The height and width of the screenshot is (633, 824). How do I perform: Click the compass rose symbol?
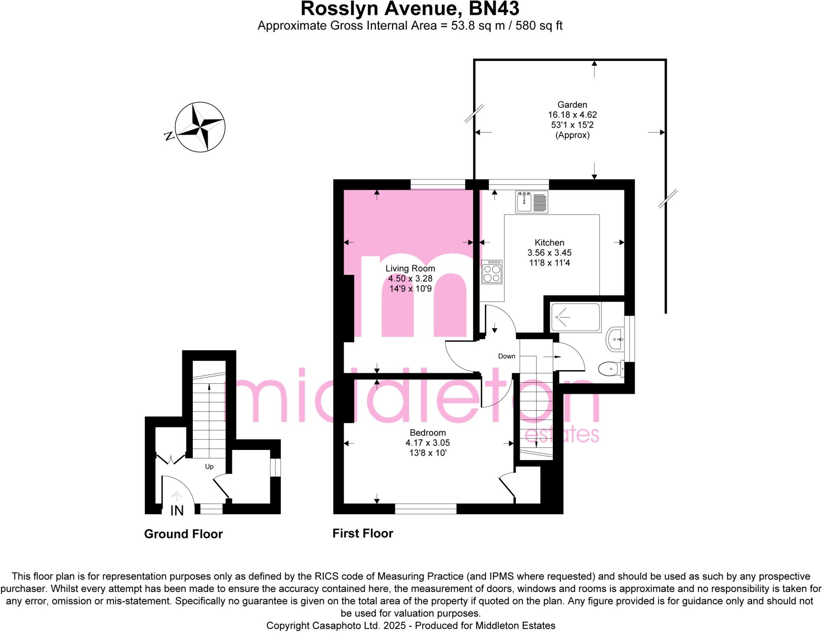coord(200,127)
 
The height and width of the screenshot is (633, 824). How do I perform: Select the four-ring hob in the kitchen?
coord(492,272)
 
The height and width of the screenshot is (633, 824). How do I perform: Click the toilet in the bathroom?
coord(610,368)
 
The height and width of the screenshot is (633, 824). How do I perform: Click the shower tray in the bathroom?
coord(575,318)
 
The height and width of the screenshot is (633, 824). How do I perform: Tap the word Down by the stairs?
coord(506,356)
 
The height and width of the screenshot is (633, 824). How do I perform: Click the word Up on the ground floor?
coord(209,466)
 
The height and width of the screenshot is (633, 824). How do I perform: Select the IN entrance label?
coord(177,511)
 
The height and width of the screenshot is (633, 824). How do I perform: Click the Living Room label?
coord(410,268)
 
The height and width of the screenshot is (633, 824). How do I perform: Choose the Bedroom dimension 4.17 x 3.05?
coord(427,443)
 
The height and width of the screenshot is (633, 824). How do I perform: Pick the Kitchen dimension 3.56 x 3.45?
coord(549,253)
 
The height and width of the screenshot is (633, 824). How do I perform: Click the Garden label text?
coord(572,105)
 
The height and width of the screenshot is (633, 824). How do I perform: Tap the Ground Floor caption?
coord(183,534)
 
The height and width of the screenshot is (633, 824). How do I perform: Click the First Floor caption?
coord(363,533)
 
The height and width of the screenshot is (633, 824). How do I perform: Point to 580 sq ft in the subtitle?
coord(539,26)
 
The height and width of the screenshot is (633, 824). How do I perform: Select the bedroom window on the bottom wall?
coord(425,509)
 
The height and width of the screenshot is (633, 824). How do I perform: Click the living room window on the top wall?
coord(437,184)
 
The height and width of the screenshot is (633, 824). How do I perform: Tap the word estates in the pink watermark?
coord(562,435)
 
